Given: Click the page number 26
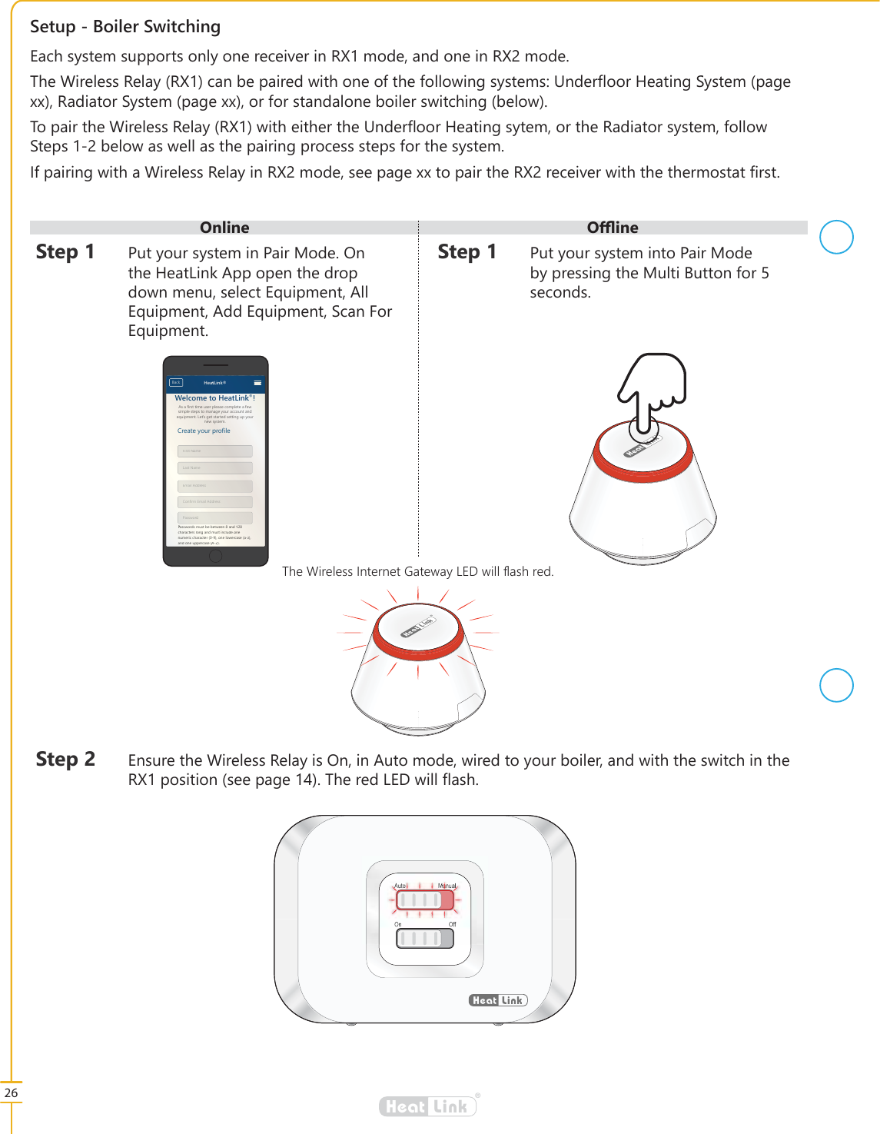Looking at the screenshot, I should (x=11, y=1092).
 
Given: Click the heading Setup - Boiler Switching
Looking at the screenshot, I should (x=125, y=27).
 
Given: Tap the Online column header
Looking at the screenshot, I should (x=224, y=228).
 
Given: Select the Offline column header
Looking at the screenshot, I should (x=613, y=228).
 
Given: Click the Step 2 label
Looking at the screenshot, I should (x=65, y=760).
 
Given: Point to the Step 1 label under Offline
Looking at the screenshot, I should (x=467, y=252).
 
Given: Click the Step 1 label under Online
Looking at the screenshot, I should (x=65, y=252).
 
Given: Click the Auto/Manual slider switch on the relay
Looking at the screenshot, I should (x=424, y=900).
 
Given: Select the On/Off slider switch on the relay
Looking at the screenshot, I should (x=424, y=938).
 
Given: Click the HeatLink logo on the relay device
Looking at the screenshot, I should (x=498, y=1000).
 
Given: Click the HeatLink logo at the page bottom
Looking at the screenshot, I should (x=428, y=1106).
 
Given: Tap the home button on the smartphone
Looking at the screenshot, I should (x=216, y=555).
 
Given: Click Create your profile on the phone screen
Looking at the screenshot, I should (x=204, y=431).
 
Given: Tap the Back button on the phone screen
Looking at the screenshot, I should (x=176, y=382).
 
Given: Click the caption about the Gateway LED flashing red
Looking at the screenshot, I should (x=417, y=571).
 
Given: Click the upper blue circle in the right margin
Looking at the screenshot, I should (x=836, y=237).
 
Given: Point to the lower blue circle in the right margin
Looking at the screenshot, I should (x=836, y=685).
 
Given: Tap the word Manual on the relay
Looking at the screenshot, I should (x=447, y=886).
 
